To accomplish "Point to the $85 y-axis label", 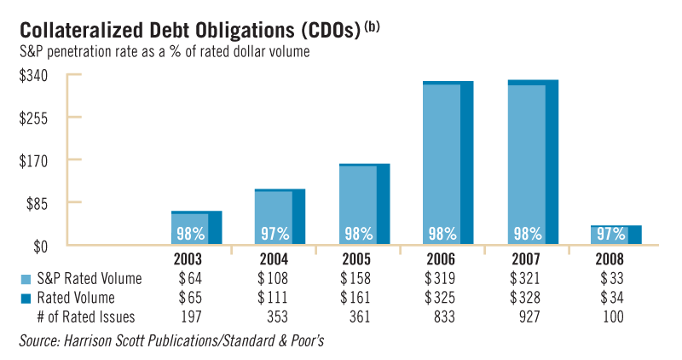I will (x=35, y=203).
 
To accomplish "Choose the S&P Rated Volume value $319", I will (x=441, y=279).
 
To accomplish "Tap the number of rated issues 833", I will (x=442, y=316).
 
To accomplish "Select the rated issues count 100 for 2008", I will (x=611, y=316).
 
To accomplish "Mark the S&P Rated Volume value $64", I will (x=191, y=279).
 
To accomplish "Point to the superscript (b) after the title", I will (x=372, y=26).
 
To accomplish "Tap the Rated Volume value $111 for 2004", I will (x=273, y=298).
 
